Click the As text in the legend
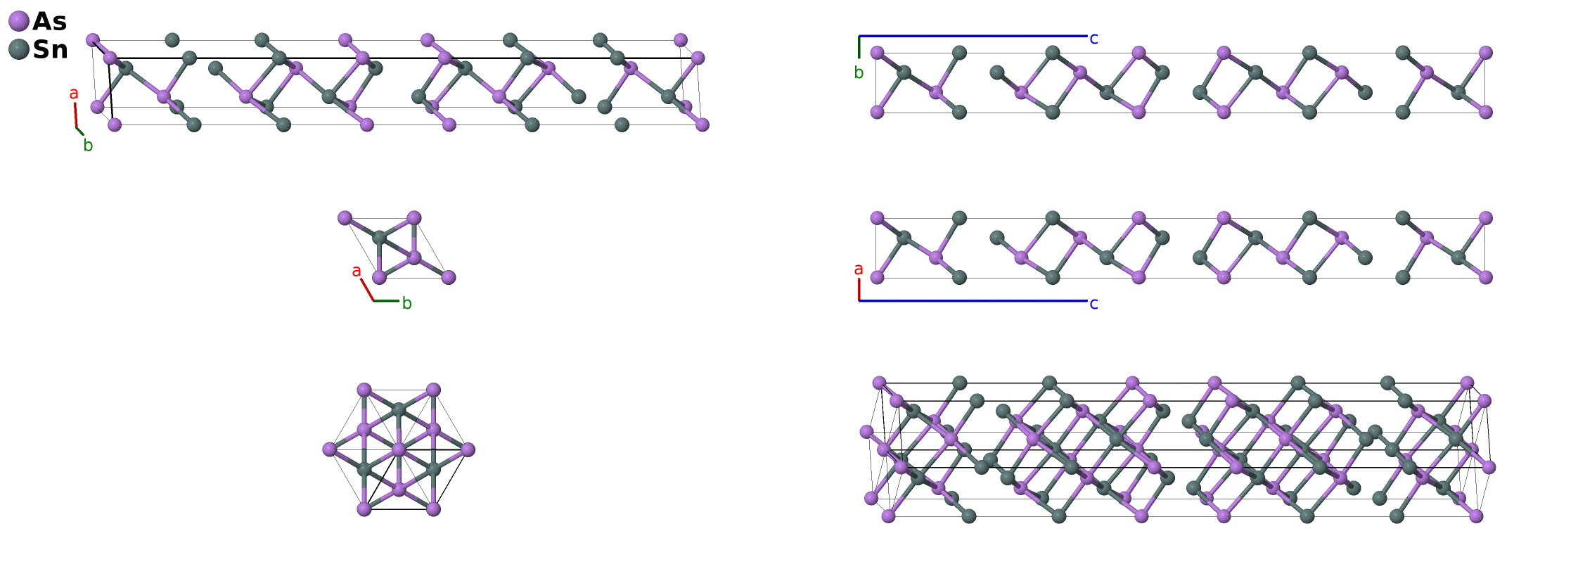click(x=50, y=22)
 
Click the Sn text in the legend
click(x=51, y=50)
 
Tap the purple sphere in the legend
click(x=19, y=21)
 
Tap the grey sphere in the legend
click(x=19, y=49)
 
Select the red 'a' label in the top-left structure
click(x=74, y=94)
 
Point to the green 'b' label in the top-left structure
click(x=88, y=146)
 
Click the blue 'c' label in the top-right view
click(x=1093, y=39)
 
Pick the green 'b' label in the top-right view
click(x=859, y=72)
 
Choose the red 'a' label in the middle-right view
click(x=858, y=269)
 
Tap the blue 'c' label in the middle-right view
click(x=1093, y=304)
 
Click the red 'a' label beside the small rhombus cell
click(x=357, y=271)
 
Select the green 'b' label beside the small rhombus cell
click(x=406, y=303)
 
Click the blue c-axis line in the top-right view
click(x=973, y=36)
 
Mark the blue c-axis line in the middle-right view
click(x=973, y=301)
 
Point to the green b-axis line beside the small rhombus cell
click(x=386, y=301)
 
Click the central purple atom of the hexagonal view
click(x=399, y=449)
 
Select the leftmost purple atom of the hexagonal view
click(x=329, y=449)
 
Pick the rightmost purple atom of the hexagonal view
click(x=468, y=449)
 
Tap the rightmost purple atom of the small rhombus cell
click(x=449, y=277)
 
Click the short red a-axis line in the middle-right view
click(x=859, y=290)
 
